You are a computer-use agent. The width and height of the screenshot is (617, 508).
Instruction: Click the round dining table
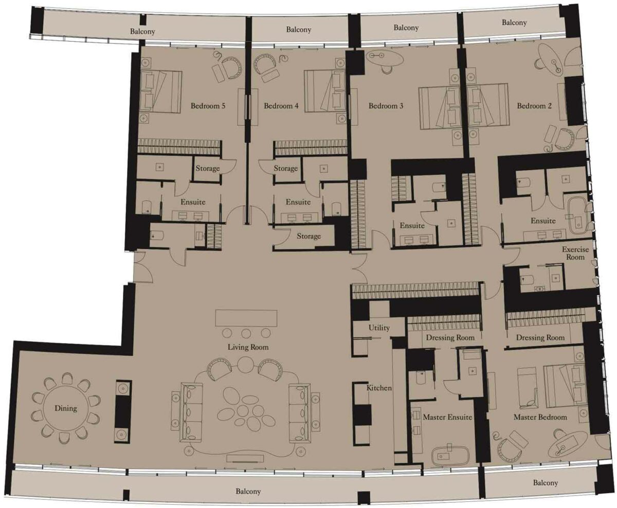tap(66, 409)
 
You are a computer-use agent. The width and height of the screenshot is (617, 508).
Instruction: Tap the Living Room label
tap(248, 348)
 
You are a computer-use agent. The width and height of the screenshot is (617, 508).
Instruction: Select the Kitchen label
tap(379, 388)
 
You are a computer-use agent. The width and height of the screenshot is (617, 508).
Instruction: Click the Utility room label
tap(379, 328)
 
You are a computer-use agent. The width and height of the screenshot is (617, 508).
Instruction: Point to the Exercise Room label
tap(575, 253)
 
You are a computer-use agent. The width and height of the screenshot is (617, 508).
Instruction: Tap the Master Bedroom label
tap(540, 417)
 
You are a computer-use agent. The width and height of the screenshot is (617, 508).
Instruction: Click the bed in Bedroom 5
tap(161, 92)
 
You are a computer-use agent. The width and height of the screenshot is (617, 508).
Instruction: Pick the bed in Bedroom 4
tap(325, 91)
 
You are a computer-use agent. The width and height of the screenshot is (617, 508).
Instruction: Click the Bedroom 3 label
tap(386, 106)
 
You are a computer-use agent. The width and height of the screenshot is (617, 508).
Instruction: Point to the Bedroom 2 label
tap(534, 106)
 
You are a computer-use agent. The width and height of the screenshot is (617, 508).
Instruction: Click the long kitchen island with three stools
tap(246, 317)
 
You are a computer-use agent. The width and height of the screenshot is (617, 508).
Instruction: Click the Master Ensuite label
tap(447, 417)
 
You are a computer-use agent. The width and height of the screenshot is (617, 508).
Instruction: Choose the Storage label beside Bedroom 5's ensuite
tap(207, 169)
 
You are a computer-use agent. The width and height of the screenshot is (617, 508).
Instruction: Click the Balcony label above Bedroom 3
tap(406, 28)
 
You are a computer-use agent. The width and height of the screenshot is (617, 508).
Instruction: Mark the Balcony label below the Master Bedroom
tap(545, 483)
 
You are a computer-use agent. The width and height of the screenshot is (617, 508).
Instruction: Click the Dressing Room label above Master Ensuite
tap(450, 338)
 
